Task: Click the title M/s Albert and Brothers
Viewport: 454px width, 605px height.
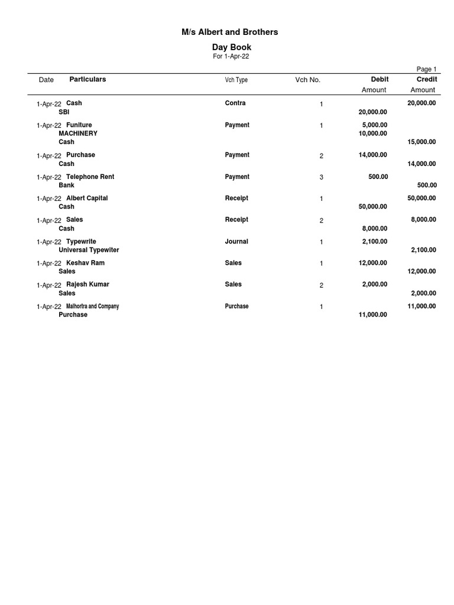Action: [229, 32]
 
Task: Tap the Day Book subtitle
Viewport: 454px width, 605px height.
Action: [231, 47]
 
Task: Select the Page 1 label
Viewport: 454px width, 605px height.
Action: [426, 69]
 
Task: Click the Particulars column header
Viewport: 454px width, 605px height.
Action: [87, 79]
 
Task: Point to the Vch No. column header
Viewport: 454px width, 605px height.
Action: [307, 80]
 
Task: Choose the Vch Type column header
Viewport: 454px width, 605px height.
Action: [236, 80]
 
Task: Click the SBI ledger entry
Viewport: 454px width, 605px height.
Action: [64, 112]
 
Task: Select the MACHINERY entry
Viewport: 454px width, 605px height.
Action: [78, 134]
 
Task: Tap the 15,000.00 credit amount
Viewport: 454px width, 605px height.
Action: [421, 142]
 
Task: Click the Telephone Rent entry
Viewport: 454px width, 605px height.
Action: [90, 177]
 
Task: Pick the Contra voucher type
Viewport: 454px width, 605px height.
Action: [235, 103]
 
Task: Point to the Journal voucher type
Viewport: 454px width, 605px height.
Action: [236, 242]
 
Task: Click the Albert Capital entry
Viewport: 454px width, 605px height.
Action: [87, 199]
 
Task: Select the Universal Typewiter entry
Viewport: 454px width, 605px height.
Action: [89, 250]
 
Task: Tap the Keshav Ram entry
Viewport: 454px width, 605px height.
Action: [85, 263]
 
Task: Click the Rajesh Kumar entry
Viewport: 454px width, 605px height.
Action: [87, 285]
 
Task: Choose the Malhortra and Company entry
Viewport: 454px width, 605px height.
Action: [92, 306]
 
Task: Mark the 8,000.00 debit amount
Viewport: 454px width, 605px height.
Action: [374, 228]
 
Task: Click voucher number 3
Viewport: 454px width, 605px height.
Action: [322, 177]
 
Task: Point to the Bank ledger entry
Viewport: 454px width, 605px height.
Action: [66, 185]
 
